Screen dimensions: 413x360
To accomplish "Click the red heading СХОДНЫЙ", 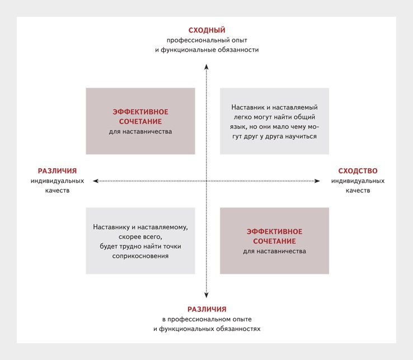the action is click(206, 30).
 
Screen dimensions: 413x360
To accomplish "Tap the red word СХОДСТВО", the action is click(358, 171).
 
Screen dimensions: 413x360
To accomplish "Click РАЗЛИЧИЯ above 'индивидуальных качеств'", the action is click(57, 171).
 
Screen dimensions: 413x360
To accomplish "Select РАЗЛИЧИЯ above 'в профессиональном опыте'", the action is click(206, 309).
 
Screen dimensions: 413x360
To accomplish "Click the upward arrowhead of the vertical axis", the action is click(206, 67).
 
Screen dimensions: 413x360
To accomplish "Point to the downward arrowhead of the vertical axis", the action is click(206, 295).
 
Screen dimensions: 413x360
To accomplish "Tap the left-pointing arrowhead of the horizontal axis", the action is click(96, 181).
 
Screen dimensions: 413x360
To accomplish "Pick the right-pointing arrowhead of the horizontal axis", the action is click(317, 181).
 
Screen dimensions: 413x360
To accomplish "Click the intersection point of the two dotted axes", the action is click(206, 181).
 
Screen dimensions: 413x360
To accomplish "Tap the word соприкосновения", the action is click(140, 256).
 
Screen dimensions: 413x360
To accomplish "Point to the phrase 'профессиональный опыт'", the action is click(206, 40).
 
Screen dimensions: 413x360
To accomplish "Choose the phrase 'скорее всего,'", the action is click(140, 237).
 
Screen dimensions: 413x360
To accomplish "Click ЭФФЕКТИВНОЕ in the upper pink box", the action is click(140, 112).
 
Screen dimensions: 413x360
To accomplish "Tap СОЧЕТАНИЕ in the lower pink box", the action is click(274, 241).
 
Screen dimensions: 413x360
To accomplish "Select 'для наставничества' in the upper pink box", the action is click(140, 131).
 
